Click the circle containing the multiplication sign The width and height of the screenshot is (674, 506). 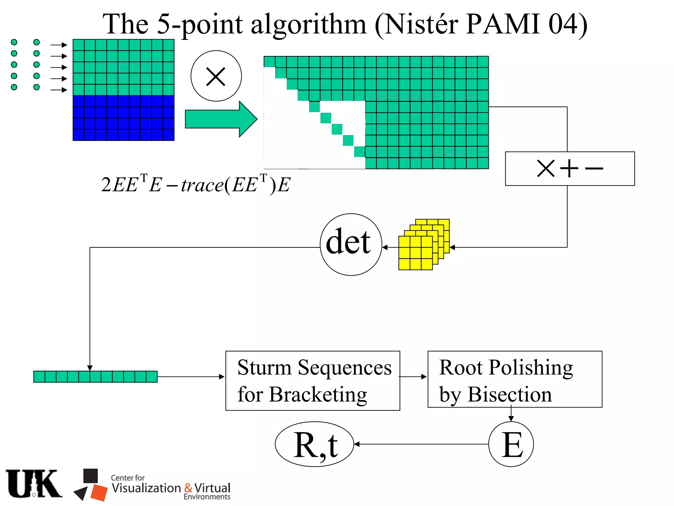point(216,76)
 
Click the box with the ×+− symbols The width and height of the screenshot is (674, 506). point(569,169)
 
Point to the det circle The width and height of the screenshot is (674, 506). point(350,244)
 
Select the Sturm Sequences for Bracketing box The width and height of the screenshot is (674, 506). point(313,380)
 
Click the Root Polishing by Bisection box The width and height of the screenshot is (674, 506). point(514,379)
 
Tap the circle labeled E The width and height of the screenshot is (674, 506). point(511,444)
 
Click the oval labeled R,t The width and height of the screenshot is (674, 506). point(314,444)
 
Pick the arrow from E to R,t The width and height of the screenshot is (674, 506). point(421,444)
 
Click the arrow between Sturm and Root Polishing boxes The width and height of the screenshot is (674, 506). point(413,377)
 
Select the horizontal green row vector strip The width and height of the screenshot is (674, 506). point(95,377)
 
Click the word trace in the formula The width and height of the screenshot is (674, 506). point(202,185)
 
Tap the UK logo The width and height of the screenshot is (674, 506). point(34,484)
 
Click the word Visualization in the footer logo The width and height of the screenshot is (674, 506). point(146,488)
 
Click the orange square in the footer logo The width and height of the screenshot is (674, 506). point(99,492)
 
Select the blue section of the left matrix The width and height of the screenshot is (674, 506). point(123,118)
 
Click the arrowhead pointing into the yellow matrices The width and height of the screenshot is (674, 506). point(452,247)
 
